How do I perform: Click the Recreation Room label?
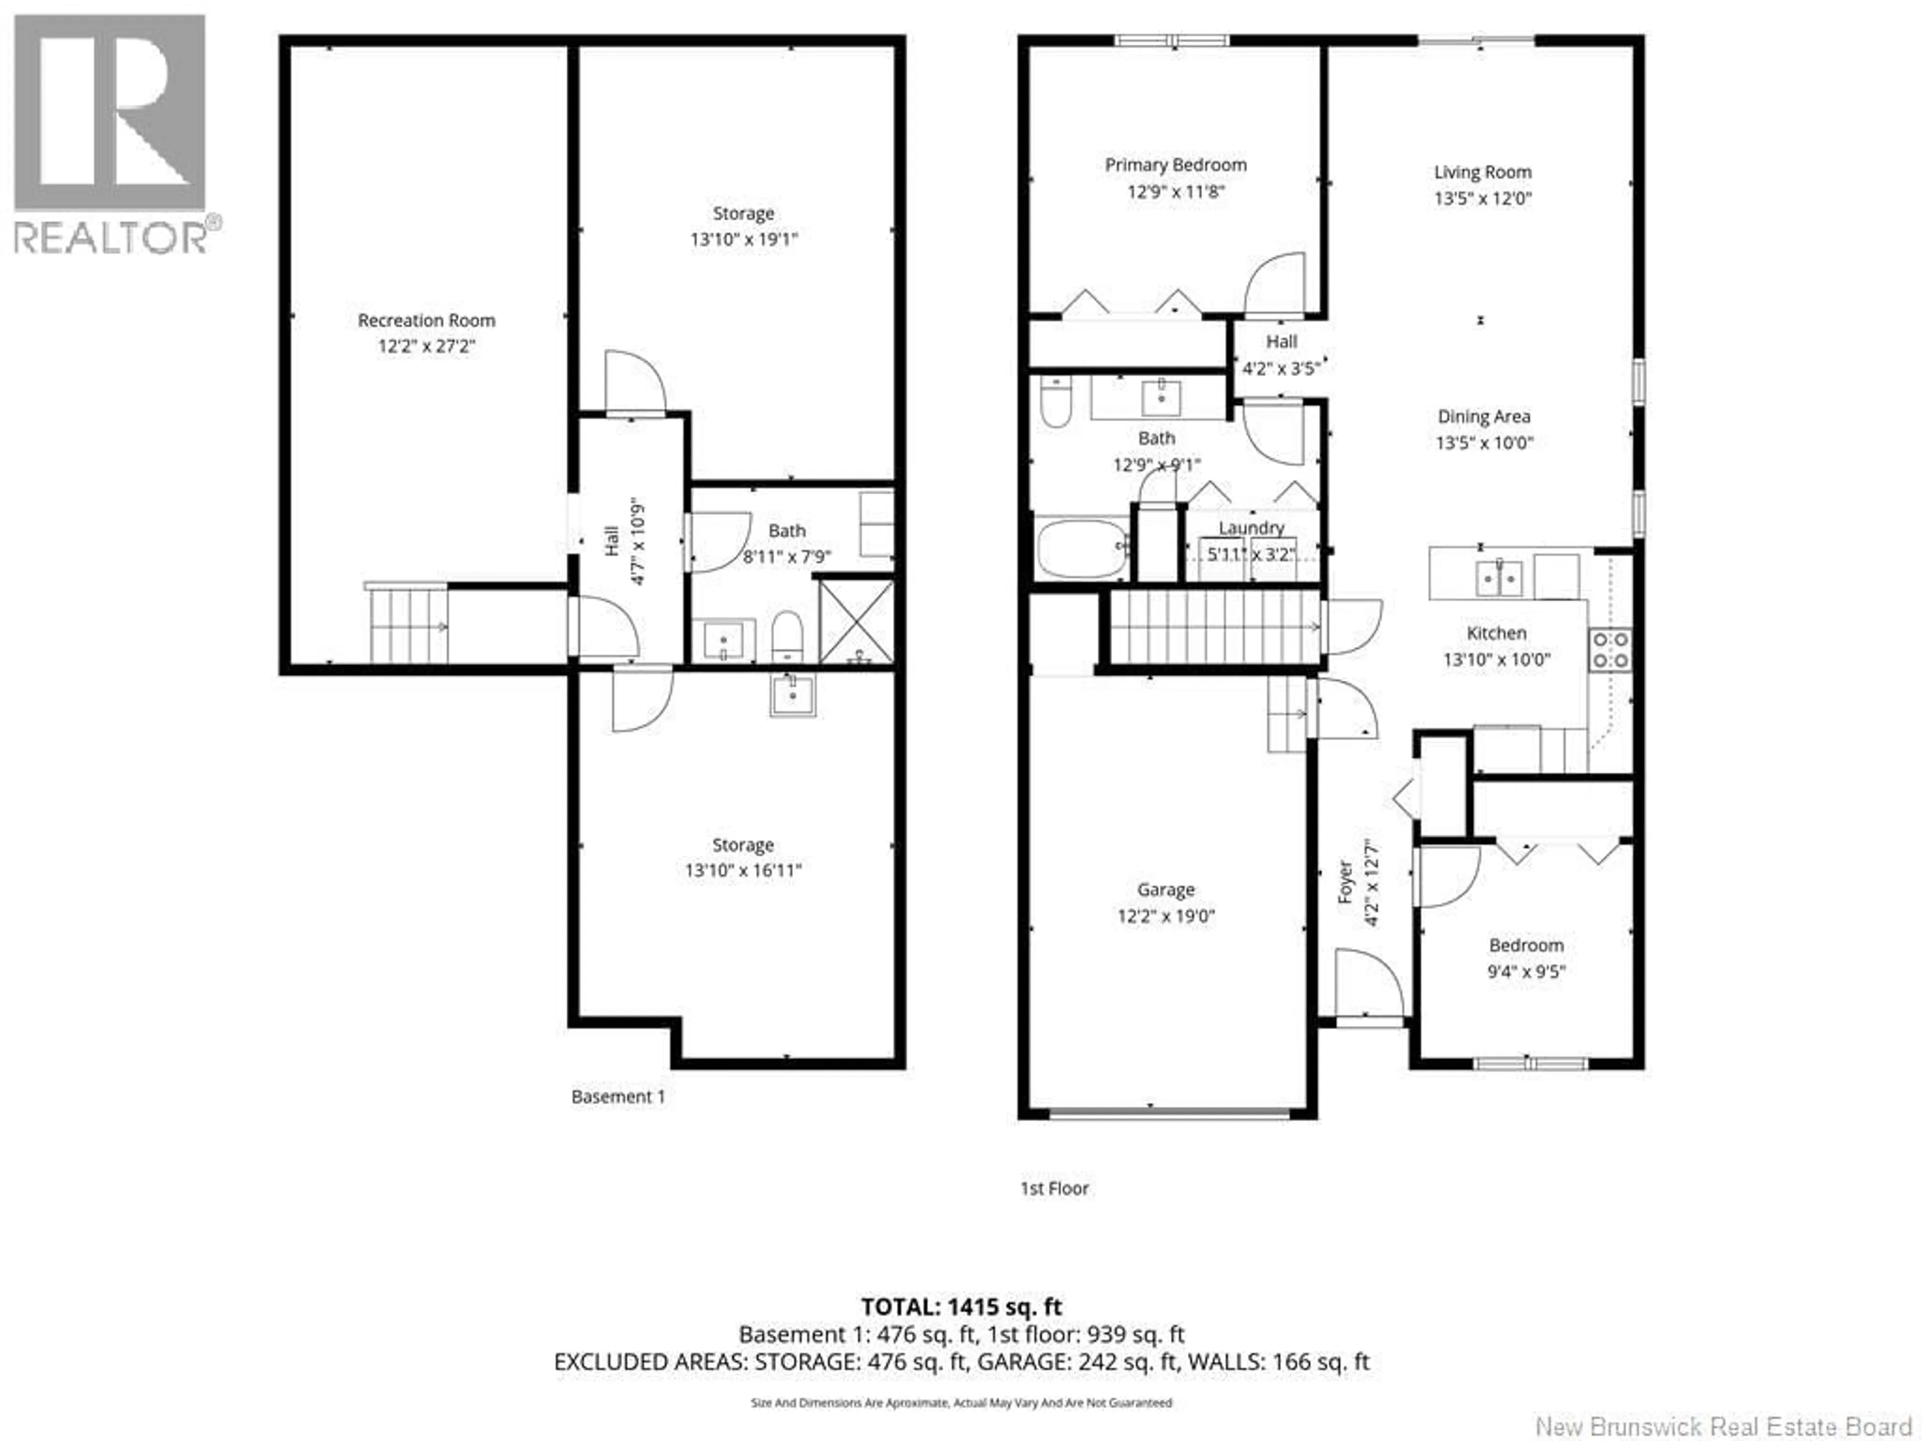click(426, 321)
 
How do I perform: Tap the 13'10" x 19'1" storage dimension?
click(744, 239)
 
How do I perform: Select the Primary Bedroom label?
click(1176, 165)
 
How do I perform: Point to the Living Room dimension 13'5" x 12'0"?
click(1483, 198)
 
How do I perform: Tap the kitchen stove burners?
click(1610, 650)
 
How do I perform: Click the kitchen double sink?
click(1499, 577)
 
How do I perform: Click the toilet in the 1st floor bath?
click(1056, 402)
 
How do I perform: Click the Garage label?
click(1166, 890)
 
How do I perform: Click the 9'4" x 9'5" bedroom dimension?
click(1527, 971)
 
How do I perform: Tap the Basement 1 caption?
click(618, 1097)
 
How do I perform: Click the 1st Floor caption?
click(1054, 1188)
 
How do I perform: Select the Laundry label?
click(1251, 528)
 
